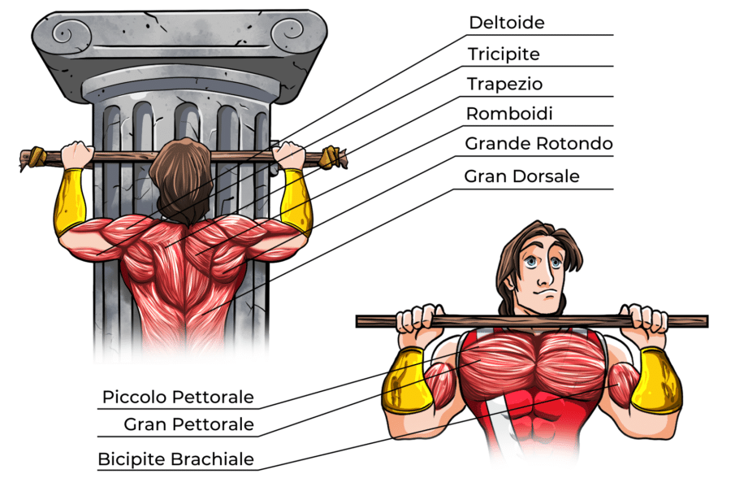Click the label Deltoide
(506, 22)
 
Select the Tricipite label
(504, 54)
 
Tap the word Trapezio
(504, 85)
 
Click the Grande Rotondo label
(539, 144)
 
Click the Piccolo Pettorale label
(178, 398)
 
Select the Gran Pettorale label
(188, 424)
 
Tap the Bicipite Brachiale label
(175, 459)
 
